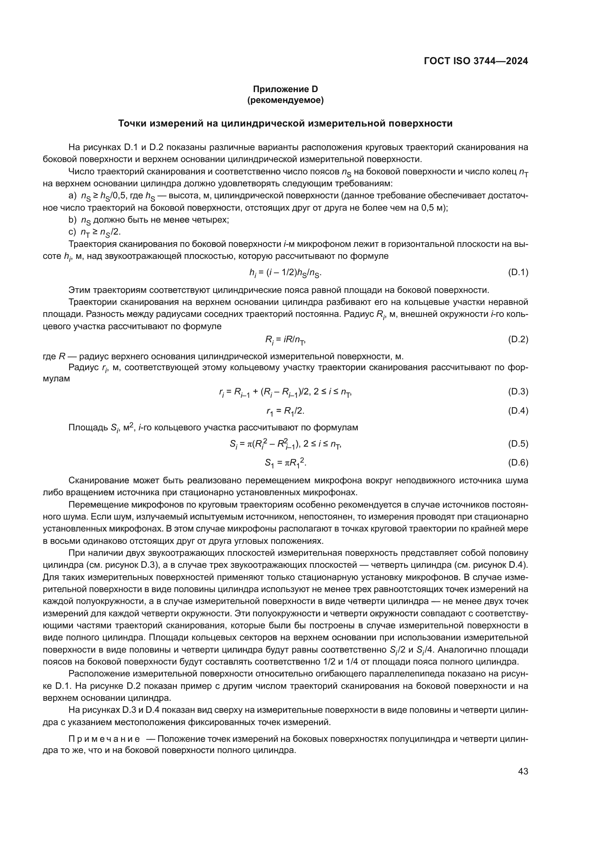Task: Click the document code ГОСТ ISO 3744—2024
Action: [476, 61]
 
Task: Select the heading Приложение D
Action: [285, 89]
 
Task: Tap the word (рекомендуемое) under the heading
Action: [285, 100]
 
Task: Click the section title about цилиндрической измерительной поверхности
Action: [285, 124]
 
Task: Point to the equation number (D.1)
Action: [518, 273]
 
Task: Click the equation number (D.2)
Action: [518, 339]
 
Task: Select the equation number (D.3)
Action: [518, 392]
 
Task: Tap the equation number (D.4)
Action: [518, 411]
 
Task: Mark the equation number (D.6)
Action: [518, 462]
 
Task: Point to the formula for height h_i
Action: [285, 273]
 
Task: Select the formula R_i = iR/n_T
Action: [285, 340]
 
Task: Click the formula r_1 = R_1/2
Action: [285, 411]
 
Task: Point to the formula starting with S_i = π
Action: [285, 444]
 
